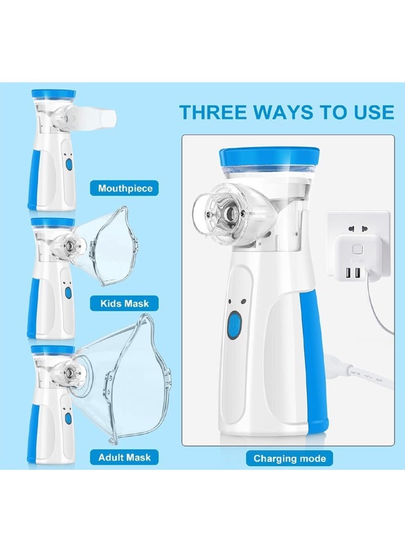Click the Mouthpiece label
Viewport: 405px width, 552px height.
click(x=125, y=188)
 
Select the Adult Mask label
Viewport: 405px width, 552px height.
click(x=125, y=457)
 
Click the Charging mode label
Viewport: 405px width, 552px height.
click(x=289, y=458)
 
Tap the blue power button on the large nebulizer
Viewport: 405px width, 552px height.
click(x=234, y=323)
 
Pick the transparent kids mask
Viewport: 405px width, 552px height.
click(x=107, y=245)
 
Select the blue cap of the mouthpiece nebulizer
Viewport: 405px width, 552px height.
click(x=52, y=95)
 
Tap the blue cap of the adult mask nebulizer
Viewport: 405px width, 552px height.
click(x=52, y=350)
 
